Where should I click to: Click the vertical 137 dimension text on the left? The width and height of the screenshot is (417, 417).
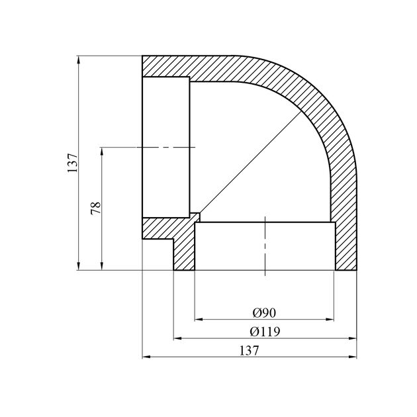pos(73,163)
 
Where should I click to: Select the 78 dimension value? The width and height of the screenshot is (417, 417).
pos(96,207)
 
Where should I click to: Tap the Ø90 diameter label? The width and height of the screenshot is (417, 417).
pos(264,312)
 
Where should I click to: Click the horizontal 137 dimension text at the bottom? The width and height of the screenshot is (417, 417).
pos(251,351)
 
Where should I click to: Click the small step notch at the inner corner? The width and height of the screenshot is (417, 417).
pos(195,216)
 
